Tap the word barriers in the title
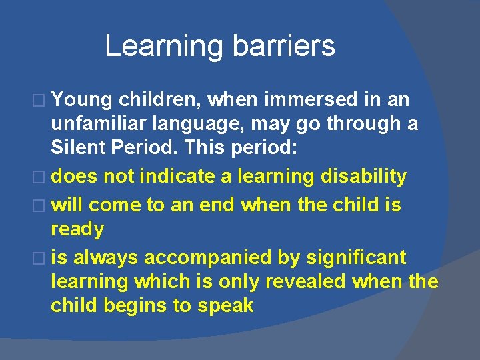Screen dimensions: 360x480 pyautogui.click(x=283, y=45)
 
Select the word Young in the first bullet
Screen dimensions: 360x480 pyautogui.click(x=81, y=100)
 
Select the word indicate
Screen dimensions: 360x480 pyautogui.click(x=173, y=177)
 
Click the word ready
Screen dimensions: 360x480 pyautogui.click(x=78, y=229)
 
